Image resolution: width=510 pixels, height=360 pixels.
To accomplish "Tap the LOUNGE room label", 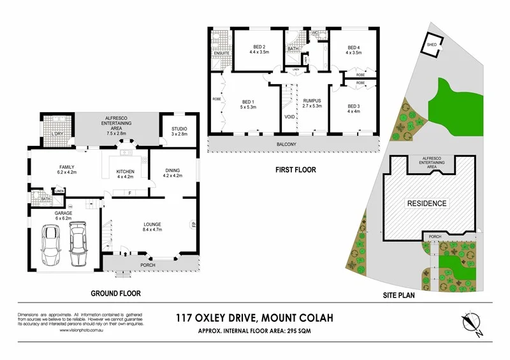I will tap(152, 224).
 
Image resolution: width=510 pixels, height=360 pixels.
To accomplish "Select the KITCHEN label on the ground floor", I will tap(124, 172).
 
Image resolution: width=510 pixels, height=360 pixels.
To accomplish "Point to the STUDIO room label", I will tap(179, 129).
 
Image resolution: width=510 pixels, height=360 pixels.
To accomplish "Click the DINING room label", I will tap(172, 170).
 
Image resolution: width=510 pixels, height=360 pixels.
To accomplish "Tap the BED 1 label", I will tap(249, 101).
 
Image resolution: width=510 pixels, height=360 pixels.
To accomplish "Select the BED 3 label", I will tap(353, 106).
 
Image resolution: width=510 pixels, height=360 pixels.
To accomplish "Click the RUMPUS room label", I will tap(312, 101).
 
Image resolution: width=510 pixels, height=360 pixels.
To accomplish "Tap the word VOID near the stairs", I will tap(289, 117).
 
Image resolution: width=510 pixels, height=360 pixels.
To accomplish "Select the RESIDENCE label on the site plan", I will tap(427, 204).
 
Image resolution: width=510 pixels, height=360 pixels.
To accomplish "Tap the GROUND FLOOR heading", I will tap(115, 294).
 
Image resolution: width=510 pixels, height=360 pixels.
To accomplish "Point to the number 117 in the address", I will tap(188, 317).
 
